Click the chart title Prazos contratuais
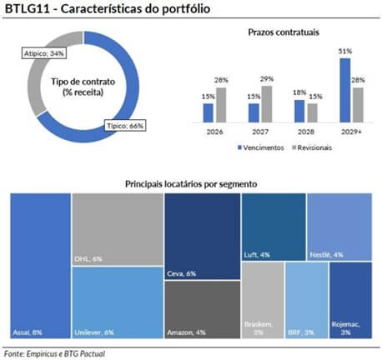coord(284,32)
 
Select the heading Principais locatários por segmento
coord(190,182)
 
